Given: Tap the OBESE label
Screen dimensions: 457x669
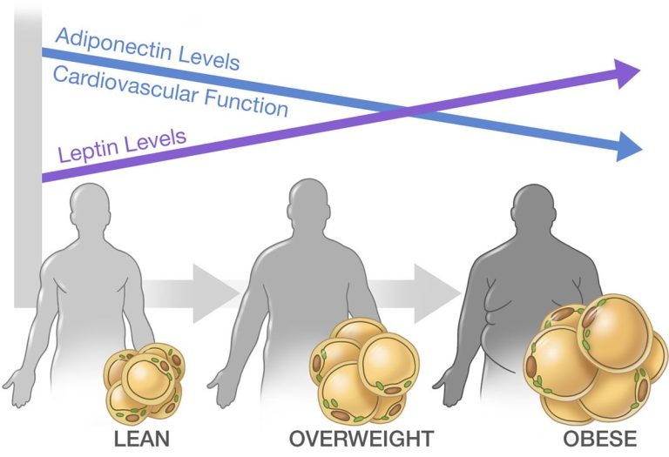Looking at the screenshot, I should [x=587, y=437].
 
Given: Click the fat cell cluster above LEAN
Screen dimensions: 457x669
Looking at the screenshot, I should [x=143, y=383].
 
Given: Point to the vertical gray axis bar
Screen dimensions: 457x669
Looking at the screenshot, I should [x=27, y=157].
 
